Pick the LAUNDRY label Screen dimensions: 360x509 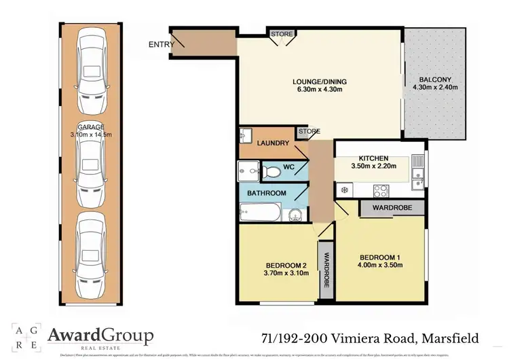(x=274, y=143)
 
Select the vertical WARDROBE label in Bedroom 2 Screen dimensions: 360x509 (x=326, y=268)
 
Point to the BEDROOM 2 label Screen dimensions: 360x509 (x=285, y=265)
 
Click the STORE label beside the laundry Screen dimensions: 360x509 (x=309, y=131)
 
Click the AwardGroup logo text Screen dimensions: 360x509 (x=100, y=335)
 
